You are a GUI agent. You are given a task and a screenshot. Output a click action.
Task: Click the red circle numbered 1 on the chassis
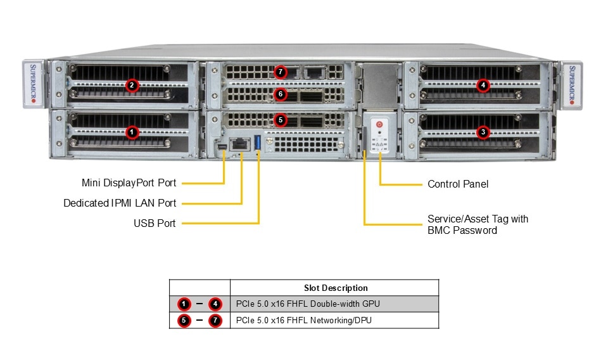tap(132, 132)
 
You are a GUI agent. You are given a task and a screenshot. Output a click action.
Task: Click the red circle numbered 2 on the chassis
tap(132, 85)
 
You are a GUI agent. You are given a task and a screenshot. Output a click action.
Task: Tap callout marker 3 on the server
tap(483, 132)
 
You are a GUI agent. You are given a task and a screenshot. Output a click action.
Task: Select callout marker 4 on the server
tap(483, 85)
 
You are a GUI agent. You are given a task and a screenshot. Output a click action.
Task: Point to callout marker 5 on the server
tap(281, 119)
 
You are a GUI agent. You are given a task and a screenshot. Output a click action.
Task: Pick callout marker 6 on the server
tap(281, 94)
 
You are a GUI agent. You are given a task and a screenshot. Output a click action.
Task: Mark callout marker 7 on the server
tap(281, 72)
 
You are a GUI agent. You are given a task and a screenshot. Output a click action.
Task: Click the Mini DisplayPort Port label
tap(129, 183)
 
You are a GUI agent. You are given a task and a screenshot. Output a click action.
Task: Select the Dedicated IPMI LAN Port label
tap(120, 203)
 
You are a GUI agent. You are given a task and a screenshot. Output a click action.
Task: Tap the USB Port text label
tap(155, 223)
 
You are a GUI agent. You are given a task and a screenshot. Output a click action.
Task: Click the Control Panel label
tap(458, 184)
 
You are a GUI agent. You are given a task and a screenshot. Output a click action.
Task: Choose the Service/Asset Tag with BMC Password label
tap(478, 224)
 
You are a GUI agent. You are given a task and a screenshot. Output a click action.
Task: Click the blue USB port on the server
tap(258, 144)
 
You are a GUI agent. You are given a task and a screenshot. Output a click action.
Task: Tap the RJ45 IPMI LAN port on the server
tap(241, 144)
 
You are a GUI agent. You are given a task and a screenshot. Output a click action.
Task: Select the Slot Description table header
tap(335, 288)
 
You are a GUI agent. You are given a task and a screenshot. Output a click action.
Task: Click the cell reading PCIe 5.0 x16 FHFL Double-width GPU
tap(308, 304)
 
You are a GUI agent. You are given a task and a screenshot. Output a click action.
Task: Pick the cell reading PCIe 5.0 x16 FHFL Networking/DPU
tap(303, 321)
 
